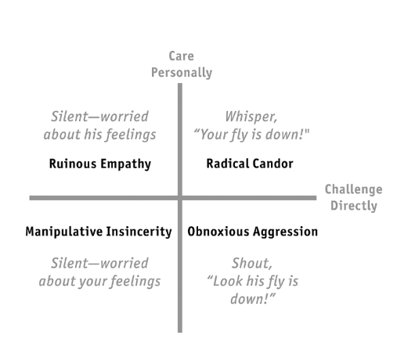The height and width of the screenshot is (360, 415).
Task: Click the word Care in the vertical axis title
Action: click(182, 56)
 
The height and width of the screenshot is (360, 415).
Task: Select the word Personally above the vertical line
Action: click(182, 73)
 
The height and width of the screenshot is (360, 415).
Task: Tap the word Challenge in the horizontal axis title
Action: click(354, 189)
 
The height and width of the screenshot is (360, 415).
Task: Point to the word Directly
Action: click(354, 206)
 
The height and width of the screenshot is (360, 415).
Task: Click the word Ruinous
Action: click(73, 164)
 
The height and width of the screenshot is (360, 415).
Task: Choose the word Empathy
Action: click(126, 164)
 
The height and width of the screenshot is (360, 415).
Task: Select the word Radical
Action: click(227, 164)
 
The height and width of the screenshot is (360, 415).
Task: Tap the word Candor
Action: click(272, 164)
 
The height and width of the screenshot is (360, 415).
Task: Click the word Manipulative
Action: click(64, 232)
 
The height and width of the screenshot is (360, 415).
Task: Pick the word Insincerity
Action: click(139, 232)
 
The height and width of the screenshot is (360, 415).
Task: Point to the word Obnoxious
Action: click(218, 232)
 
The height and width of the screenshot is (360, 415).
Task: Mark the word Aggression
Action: click(285, 232)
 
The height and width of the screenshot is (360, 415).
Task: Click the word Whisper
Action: click(251, 117)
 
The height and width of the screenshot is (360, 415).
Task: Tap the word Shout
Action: click(252, 263)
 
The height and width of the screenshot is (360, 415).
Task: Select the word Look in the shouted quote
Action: click(226, 281)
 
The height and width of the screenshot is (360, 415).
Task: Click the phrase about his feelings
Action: click(99, 135)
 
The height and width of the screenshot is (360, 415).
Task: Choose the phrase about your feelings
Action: click(99, 281)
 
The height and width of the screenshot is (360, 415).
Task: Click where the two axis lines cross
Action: click(180, 198)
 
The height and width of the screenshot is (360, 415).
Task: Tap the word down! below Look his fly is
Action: click(253, 299)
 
